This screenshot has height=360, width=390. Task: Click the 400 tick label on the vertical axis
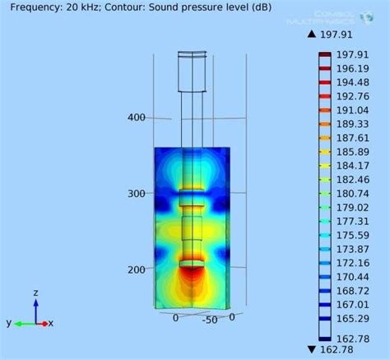137,117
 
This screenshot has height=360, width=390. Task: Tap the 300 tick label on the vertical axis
137,194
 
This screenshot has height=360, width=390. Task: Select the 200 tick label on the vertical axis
137,269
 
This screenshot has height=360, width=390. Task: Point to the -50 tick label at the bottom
211,319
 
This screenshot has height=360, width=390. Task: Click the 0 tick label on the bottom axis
175,317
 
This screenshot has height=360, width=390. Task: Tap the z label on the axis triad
35,292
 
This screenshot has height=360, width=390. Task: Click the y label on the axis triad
8,322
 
